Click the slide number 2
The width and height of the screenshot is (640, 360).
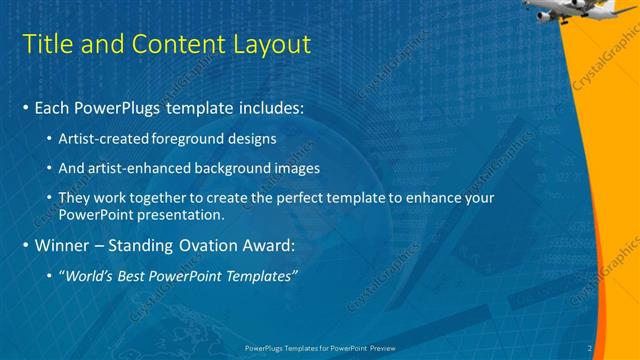tap(590, 348)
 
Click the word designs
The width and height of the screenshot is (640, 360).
tap(252, 138)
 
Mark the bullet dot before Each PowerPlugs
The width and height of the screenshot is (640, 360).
tap(25, 107)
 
